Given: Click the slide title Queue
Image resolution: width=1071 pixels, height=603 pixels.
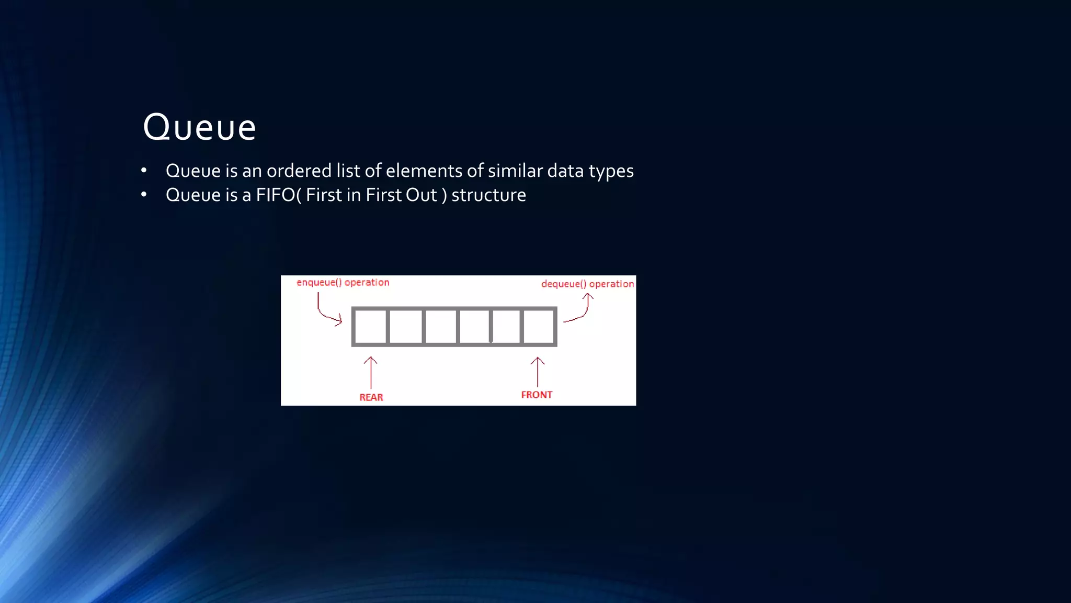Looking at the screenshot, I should coord(199,127).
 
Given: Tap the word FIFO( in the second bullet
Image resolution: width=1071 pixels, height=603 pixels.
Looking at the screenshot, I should coord(278,195).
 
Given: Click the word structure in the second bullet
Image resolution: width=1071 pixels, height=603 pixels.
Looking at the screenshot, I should coord(488,195).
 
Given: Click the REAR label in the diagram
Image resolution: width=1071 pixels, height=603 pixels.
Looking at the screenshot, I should coord(371,397).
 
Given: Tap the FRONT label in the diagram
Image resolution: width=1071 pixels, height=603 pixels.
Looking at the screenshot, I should coord(537,395).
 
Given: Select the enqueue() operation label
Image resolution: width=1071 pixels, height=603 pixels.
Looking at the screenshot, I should coord(343,283).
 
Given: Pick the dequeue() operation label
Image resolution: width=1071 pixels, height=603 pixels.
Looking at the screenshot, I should coord(587,284).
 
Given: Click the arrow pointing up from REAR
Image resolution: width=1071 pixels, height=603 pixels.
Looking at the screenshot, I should coord(371,372).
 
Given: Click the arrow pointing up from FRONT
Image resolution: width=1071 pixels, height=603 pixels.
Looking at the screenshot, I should coord(538,372).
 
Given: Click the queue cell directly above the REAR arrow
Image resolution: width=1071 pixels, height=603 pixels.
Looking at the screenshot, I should coord(370,327).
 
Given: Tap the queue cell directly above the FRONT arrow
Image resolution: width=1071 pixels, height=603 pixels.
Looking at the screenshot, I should coord(539,327).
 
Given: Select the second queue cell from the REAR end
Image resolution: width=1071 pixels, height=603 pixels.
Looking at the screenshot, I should coord(406,327).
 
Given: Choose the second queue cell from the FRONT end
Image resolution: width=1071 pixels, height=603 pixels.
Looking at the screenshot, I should coord(506,327).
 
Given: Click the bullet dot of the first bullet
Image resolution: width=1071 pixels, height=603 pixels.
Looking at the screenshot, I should coord(144,171).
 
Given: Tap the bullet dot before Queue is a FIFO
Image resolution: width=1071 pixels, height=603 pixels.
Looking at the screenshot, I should coord(144,195).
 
